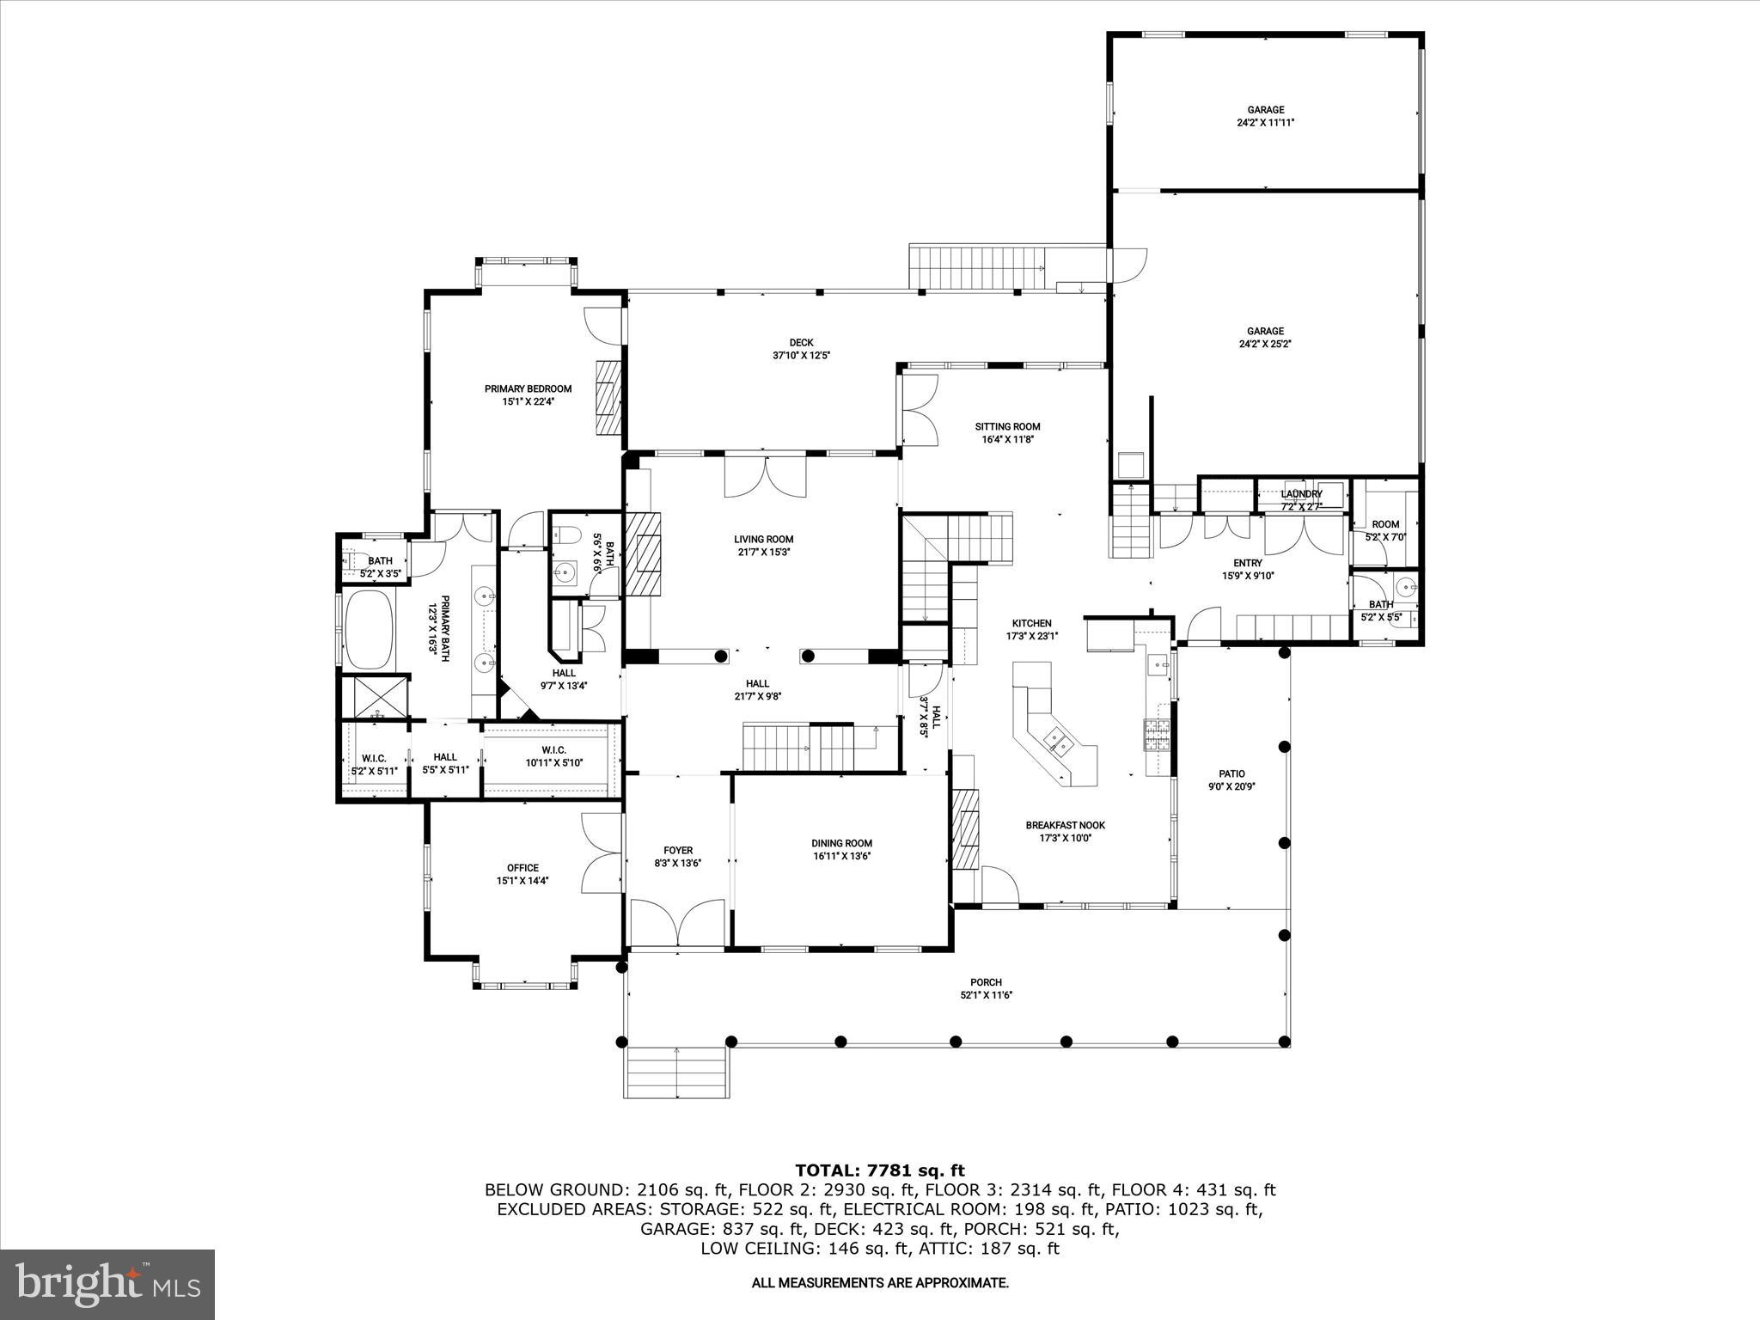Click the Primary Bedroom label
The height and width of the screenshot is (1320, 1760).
[x=528, y=388]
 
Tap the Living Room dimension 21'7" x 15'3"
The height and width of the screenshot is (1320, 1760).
[x=763, y=553]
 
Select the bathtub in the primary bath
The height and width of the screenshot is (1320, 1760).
[x=370, y=629]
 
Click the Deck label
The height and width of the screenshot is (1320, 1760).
[x=801, y=342]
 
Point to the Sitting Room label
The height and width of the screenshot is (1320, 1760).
[x=1007, y=426]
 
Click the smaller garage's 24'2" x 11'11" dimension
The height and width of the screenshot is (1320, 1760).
[x=1265, y=123]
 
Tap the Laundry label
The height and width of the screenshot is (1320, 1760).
[x=1301, y=494]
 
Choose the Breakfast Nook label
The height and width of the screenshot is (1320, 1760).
[x=1065, y=825]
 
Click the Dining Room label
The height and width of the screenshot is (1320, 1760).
[x=841, y=843]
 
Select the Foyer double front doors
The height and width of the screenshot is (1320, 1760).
[x=678, y=923]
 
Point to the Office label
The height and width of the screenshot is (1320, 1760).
[x=522, y=868]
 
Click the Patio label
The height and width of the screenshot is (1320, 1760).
[x=1231, y=773]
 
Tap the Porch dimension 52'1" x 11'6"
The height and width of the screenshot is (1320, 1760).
[x=986, y=995]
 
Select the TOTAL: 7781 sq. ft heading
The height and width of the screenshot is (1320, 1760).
[x=880, y=1170]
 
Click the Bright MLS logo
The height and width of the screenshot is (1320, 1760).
[x=107, y=1284]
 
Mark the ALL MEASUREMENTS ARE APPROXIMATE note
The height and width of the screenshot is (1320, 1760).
[x=880, y=1283]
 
